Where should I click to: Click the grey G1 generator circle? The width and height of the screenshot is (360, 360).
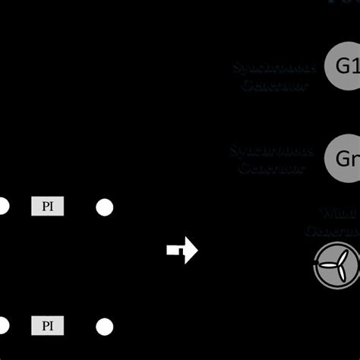pos(343,65)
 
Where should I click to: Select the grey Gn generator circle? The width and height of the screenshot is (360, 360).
pos(343,158)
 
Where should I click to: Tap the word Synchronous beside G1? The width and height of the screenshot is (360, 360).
pos(274,68)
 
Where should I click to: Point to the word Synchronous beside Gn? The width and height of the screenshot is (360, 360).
pos(272,150)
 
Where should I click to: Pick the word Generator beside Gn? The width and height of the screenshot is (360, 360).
pos(272,167)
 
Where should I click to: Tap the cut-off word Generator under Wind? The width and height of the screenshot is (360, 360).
pos(332,230)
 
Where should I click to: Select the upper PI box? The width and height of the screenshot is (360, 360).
pos(47,206)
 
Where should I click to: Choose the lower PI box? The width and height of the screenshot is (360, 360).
pos(47,327)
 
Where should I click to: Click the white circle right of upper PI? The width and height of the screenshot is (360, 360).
pos(104,207)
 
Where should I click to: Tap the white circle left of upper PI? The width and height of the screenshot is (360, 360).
pos(2,206)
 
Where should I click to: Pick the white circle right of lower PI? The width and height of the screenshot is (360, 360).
pos(104,327)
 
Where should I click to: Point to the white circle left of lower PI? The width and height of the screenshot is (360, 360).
pos(2,327)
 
